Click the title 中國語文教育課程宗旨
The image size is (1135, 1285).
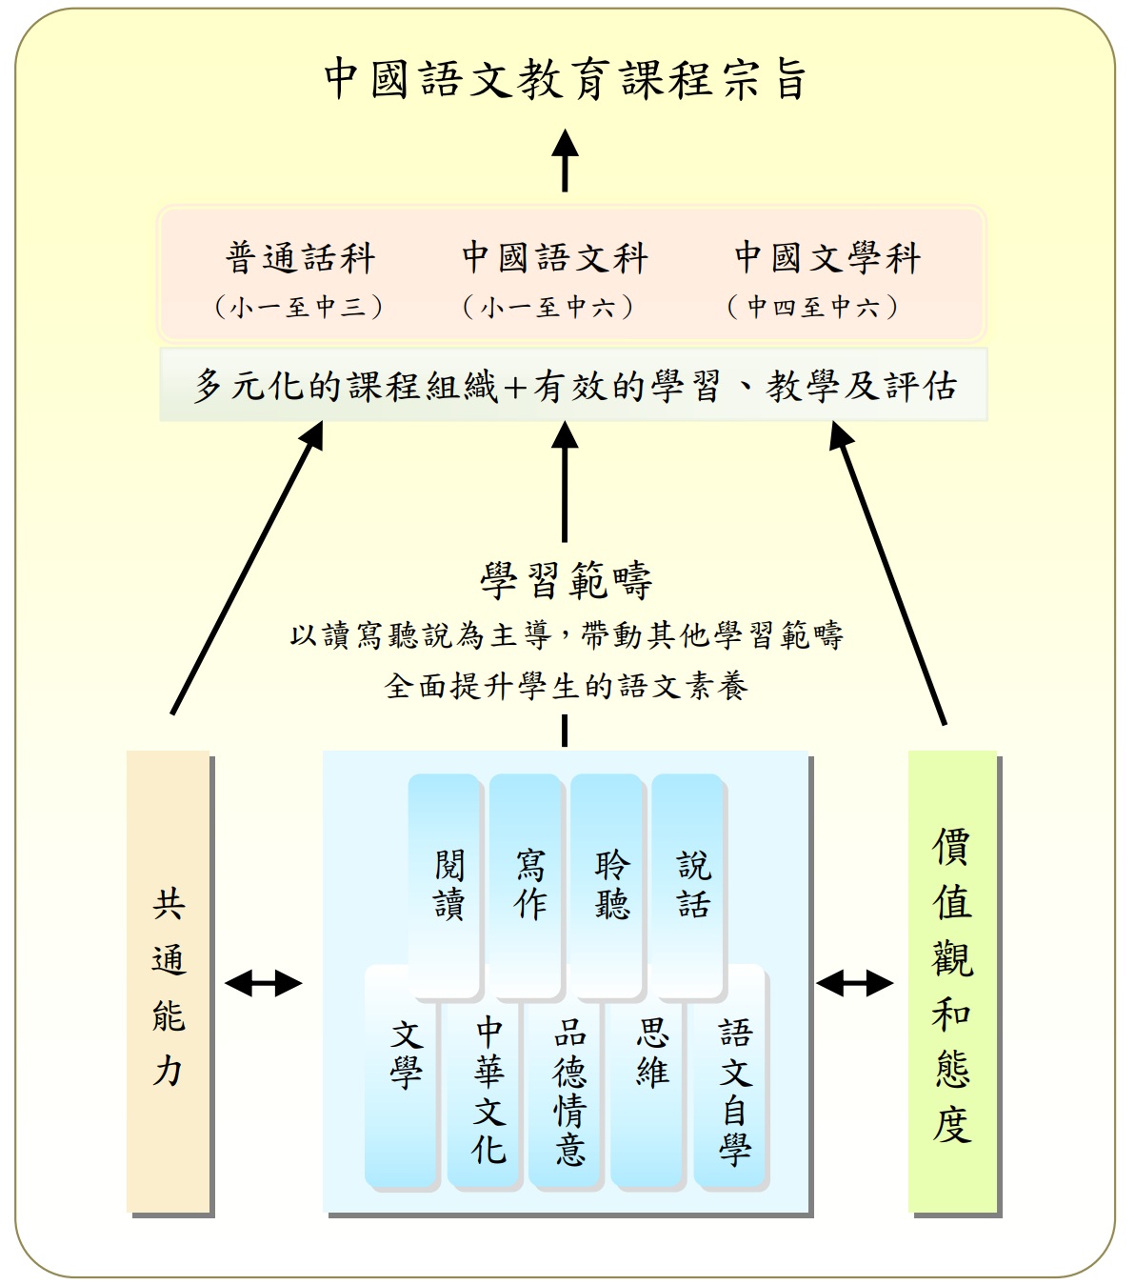click(x=565, y=79)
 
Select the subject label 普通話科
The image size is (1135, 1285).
click(x=301, y=257)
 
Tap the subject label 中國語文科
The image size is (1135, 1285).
click(x=555, y=257)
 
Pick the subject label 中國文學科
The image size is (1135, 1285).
click(x=827, y=257)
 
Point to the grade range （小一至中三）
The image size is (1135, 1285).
click(x=299, y=307)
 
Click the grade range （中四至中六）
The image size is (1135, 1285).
click(x=813, y=307)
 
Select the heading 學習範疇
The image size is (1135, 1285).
click(x=566, y=580)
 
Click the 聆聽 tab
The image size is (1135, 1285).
click(x=607, y=886)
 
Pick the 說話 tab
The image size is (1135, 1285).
click(x=687, y=886)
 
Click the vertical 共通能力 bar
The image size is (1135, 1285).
click(x=168, y=981)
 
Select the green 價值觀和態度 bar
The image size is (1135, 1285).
click(x=952, y=981)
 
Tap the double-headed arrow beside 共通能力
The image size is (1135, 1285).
click(x=263, y=984)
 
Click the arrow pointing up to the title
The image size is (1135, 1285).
click(x=565, y=160)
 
